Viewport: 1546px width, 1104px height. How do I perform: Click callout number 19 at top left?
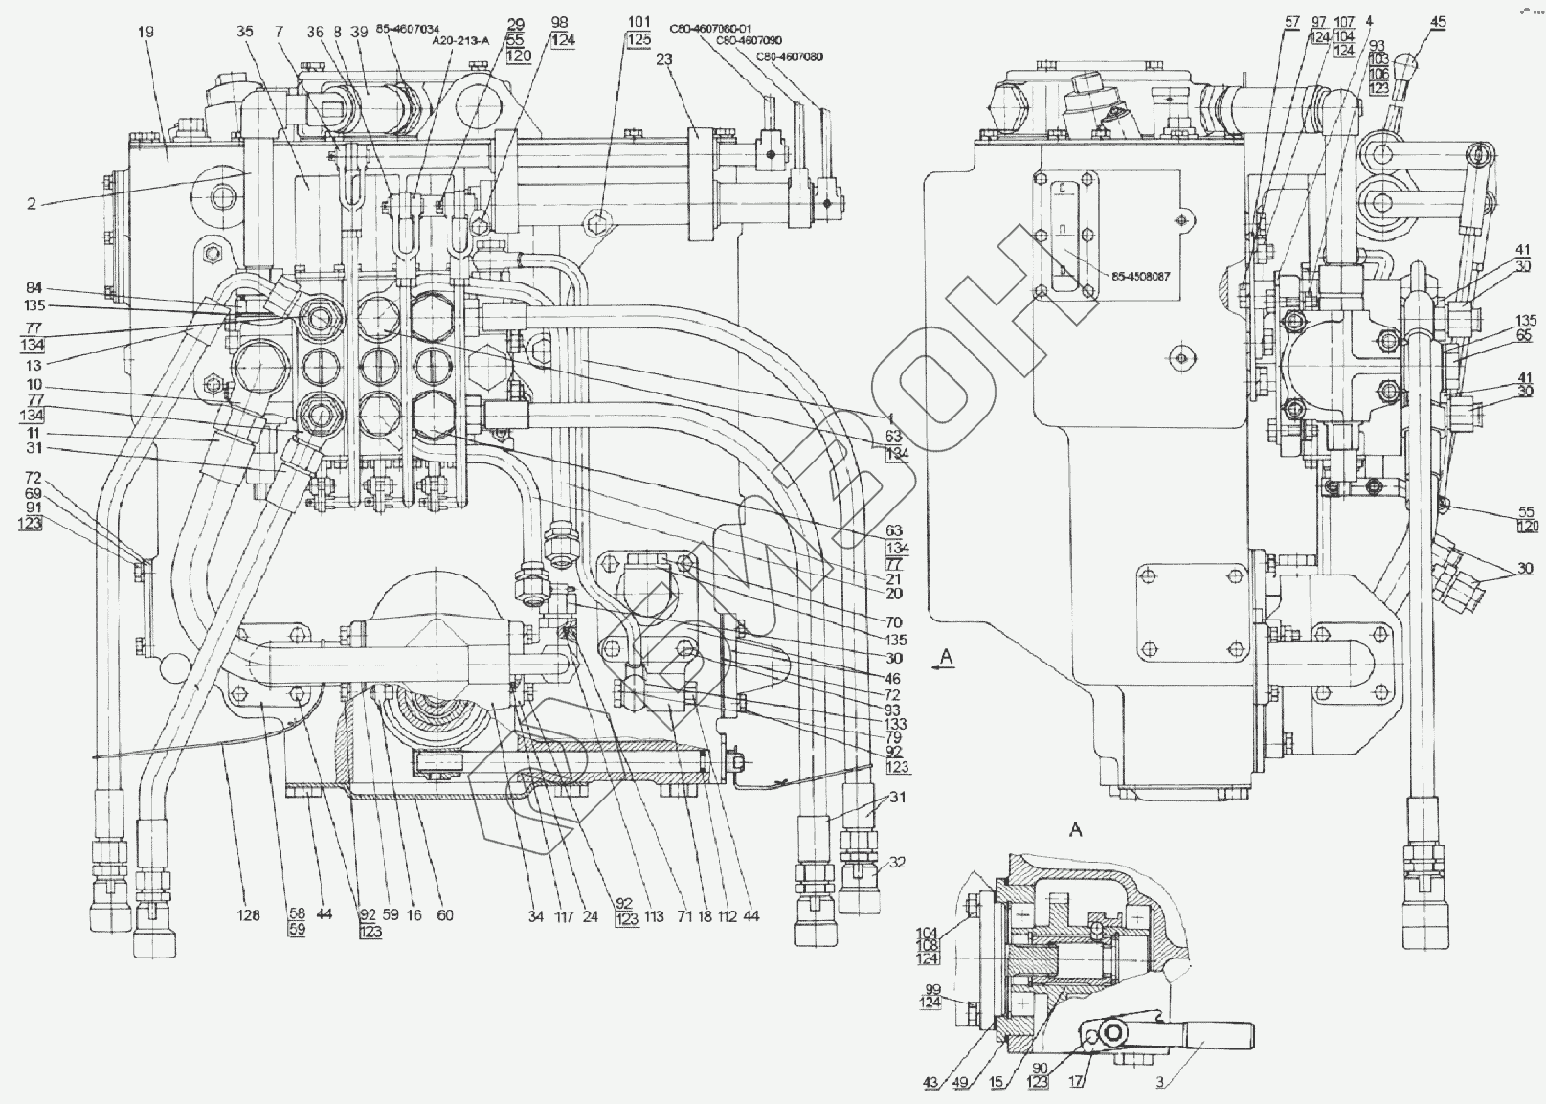[145, 32]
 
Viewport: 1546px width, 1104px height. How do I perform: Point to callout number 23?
[663, 58]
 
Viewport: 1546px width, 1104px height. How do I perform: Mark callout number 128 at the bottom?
[248, 915]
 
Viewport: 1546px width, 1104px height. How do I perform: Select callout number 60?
[444, 915]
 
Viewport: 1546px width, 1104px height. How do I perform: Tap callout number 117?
[562, 916]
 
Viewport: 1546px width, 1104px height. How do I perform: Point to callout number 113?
[653, 915]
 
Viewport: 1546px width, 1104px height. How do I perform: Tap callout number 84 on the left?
[34, 288]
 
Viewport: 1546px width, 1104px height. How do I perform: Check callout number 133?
[896, 724]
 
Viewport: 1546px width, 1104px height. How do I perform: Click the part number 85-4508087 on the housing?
[1142, 276]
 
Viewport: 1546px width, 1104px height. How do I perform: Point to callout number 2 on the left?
[32, 204]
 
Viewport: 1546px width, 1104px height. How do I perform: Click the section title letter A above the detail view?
[1075, 830]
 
